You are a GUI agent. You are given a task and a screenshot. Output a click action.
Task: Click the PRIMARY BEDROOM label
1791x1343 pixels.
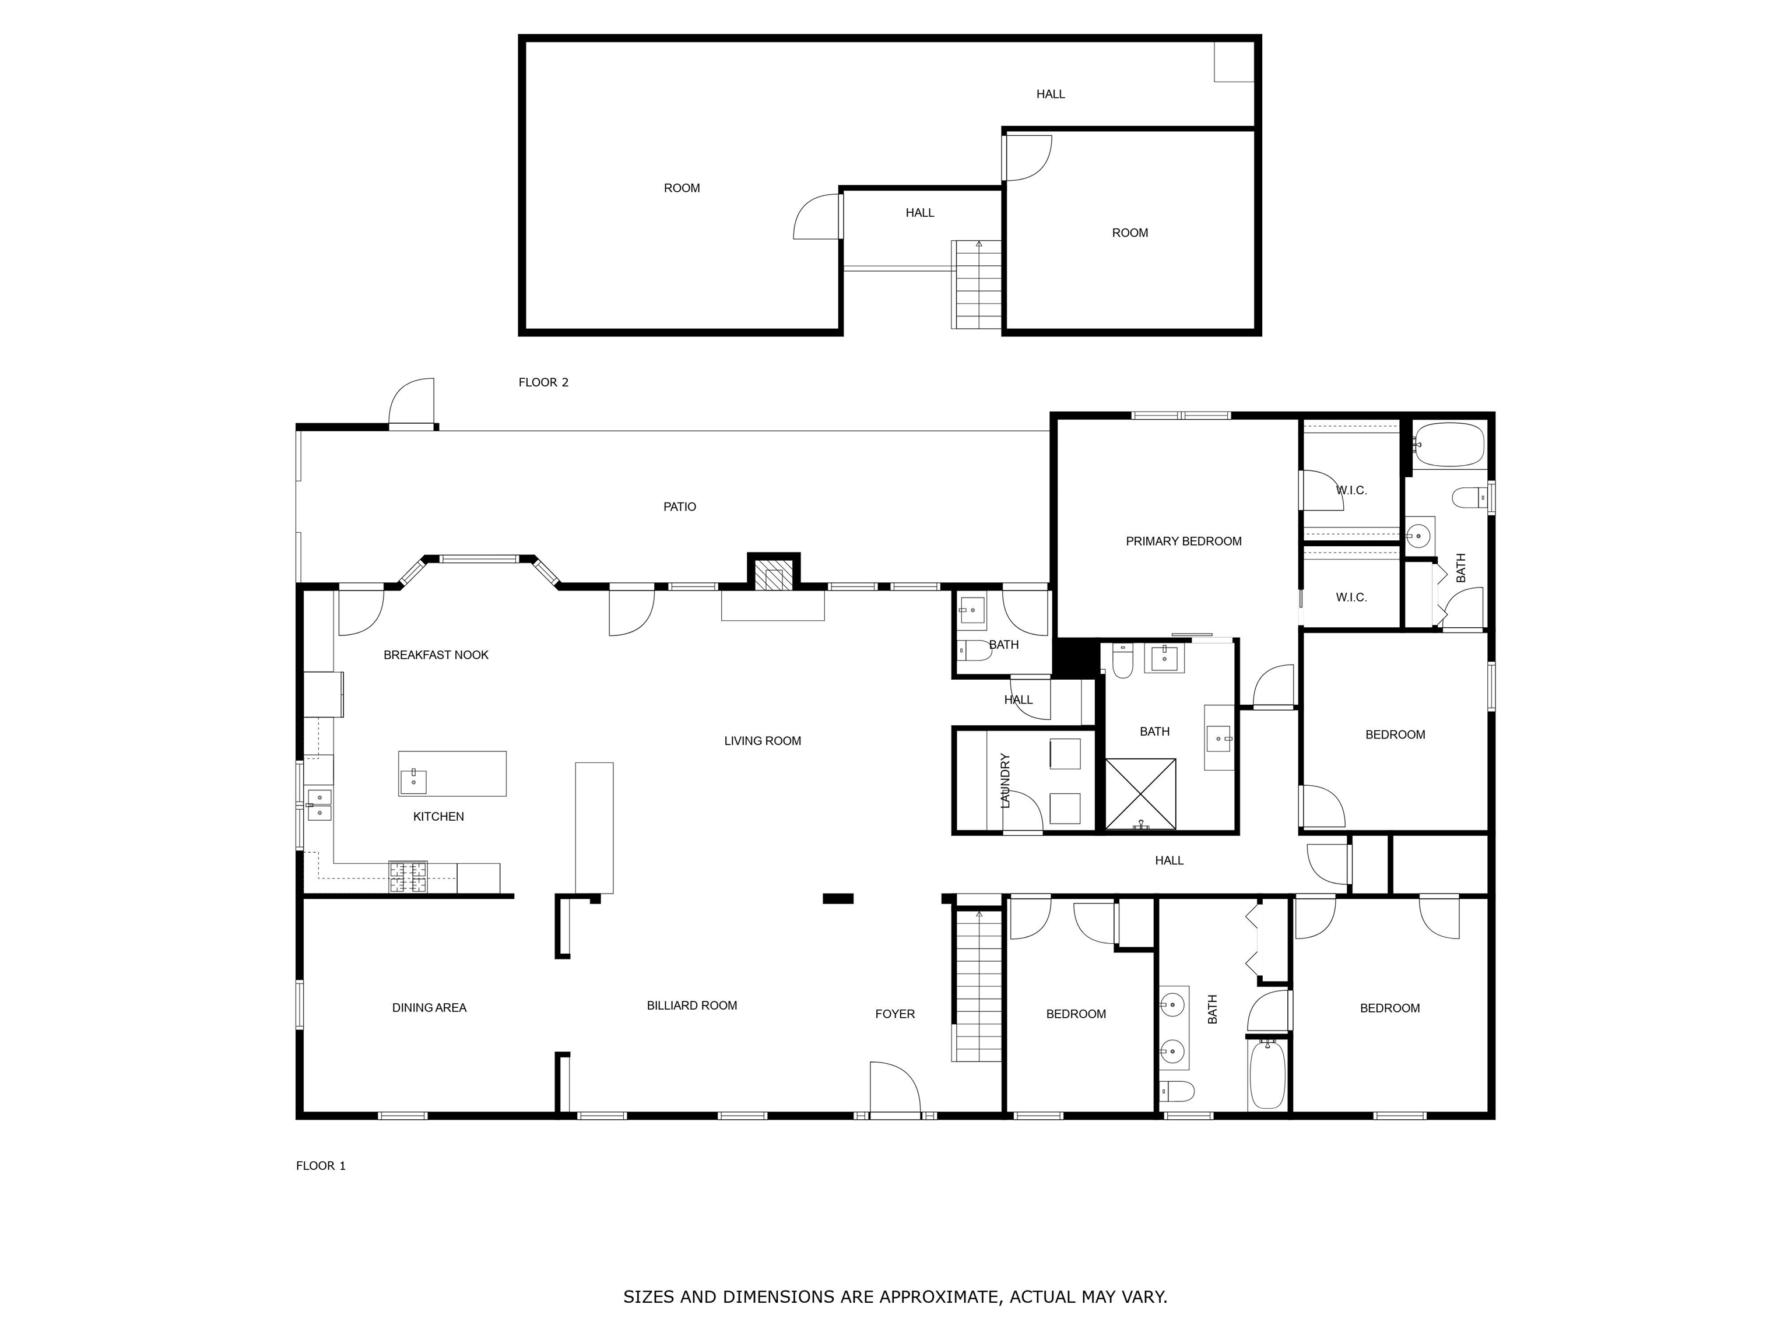point(1183,542)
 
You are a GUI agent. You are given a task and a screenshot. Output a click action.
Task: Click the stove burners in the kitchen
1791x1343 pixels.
point(408,877)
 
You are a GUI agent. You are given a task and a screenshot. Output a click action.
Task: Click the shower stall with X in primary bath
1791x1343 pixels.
point(1140,793)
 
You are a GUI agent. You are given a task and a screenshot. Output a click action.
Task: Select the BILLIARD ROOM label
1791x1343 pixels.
point(691,1006)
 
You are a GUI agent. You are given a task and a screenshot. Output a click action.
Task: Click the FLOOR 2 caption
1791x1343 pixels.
point(543,382)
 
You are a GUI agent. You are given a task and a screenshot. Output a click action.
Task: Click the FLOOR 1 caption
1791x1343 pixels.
point(321,1166)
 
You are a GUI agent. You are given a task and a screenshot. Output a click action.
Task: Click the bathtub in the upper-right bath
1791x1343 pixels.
point(1449,444)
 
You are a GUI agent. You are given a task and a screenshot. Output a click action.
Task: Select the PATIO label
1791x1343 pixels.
point(679,507)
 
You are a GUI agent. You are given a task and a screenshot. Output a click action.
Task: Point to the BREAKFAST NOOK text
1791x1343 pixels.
point(436,655)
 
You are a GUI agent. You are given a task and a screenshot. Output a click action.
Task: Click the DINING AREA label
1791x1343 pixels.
point(429,1008)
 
